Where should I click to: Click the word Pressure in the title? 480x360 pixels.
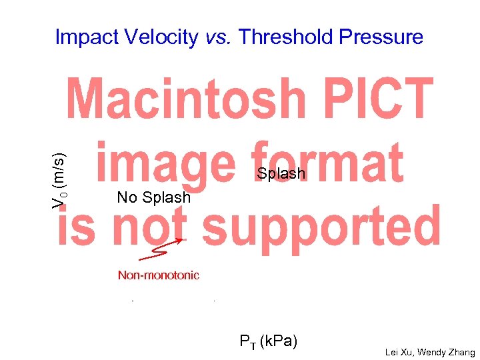[x=381, y=37]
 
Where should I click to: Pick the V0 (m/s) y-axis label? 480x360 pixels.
[x=59, y=179]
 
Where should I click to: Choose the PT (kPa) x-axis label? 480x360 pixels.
[x=269, y=342]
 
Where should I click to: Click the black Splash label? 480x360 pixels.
[x=281, y=174]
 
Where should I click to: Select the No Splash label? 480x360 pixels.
[x=153, y=197]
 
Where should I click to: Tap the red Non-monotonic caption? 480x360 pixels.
[x=159, y=275]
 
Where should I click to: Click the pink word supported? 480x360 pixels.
[x=321, y=225]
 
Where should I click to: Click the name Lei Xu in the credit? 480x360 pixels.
[x=400, y=353]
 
